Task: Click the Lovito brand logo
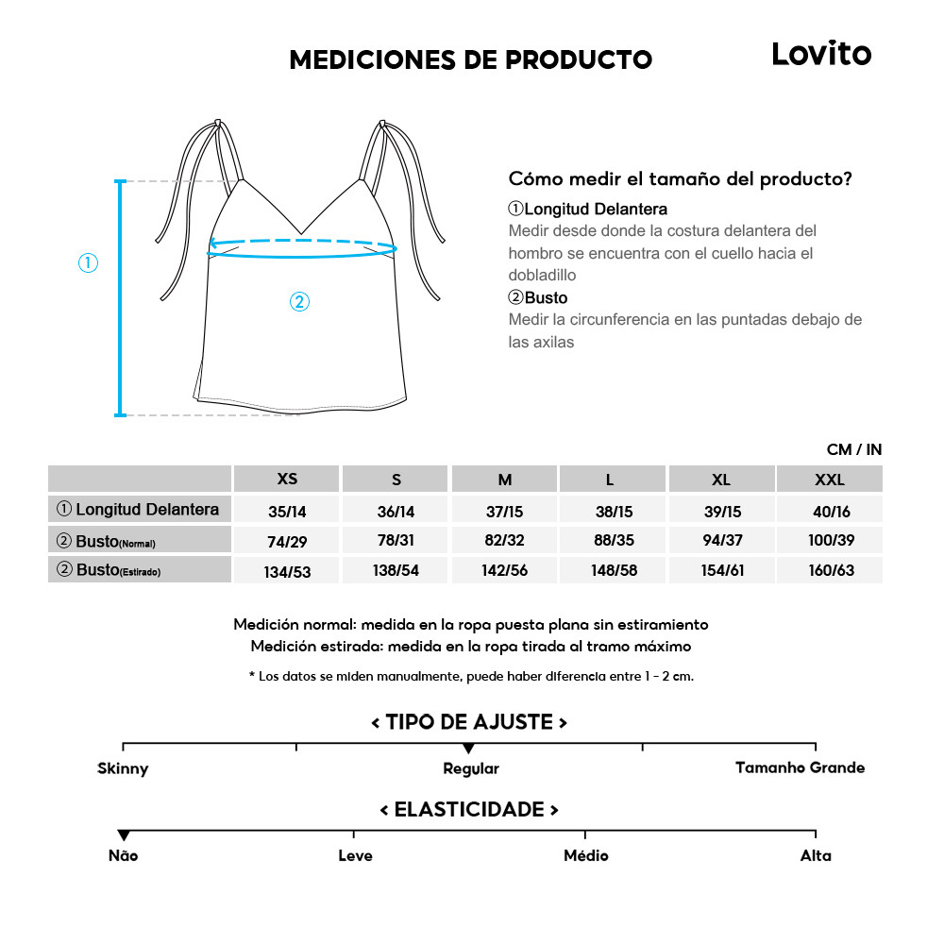point(821,54)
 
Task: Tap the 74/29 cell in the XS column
point(287,541)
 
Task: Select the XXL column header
point(829,480)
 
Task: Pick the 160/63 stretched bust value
point(829,571)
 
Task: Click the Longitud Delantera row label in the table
point(139,510)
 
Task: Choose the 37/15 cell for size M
point(505,511)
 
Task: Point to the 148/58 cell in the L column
point(614,571)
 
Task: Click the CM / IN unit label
point(853,450)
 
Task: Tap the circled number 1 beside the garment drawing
point(88,263)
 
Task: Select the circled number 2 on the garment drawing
point(298,302)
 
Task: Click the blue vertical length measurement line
point(120,297)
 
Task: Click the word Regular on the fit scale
point(471,769)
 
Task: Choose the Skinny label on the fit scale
point(123,769)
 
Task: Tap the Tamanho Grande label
point(800,767)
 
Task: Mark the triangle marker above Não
point(124,835)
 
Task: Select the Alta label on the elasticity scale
point(816,856)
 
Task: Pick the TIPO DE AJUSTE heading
point(469,723)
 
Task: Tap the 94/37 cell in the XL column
point(720,541)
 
